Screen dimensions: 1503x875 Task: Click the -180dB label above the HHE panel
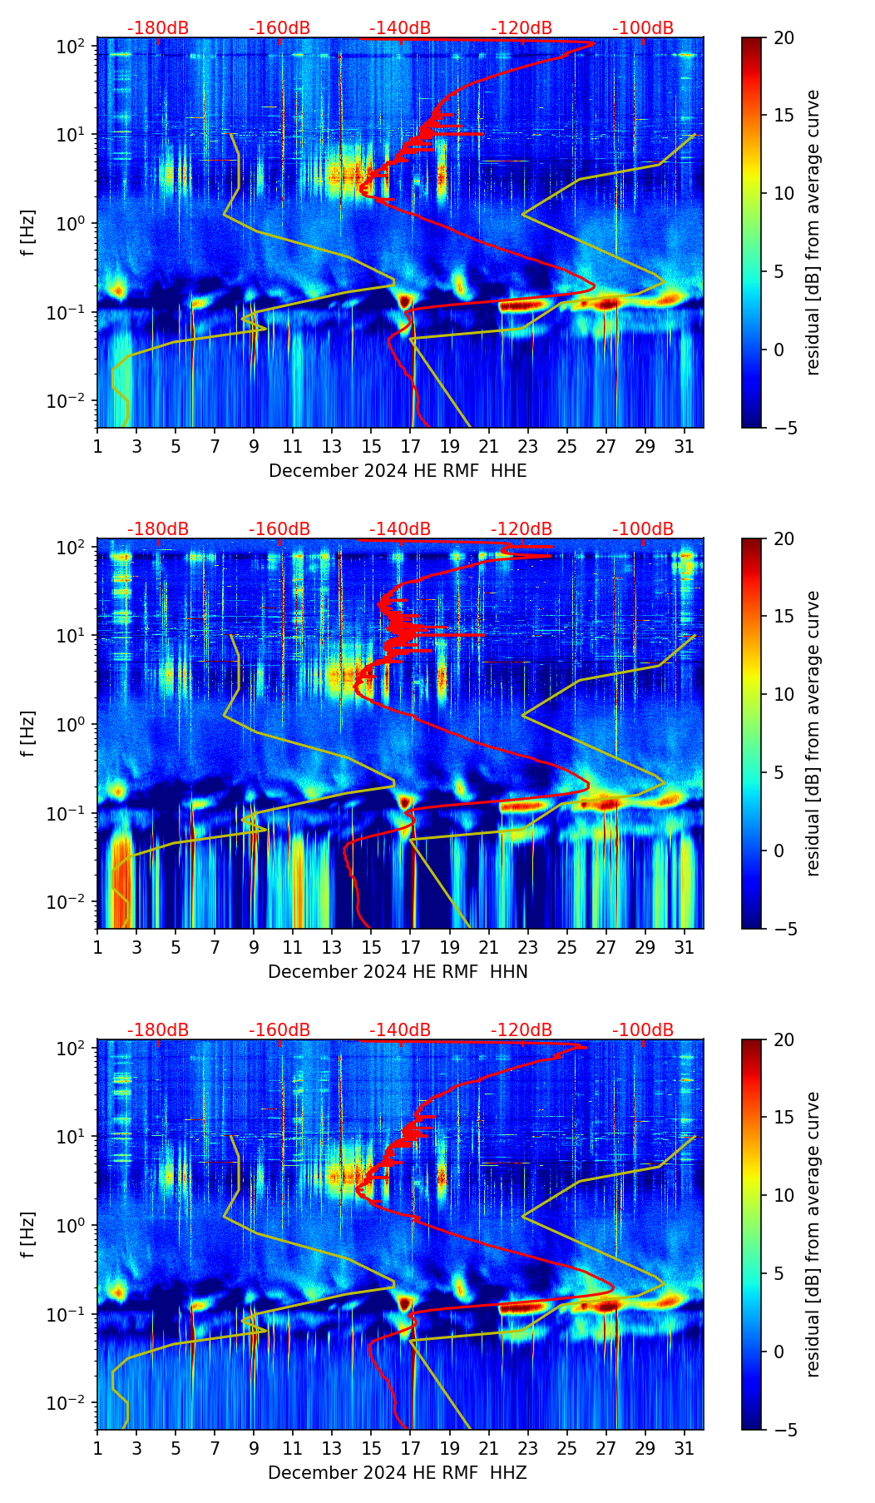[x=158, y=28]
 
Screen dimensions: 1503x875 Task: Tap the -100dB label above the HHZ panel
[x=643, y=1030]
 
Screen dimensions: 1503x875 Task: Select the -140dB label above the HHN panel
[x=400, y=529]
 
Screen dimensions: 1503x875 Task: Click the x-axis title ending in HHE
[x=398, y=471]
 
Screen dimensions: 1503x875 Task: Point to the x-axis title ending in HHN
[x=398, y=972]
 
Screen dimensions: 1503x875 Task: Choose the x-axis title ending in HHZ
[x=398, y=1473]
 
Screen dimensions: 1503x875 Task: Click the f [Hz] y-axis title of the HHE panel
[x=28, y=233]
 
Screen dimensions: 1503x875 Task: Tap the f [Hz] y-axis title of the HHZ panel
[x=28, y=1235]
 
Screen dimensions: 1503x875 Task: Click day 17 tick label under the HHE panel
[x=411, y=446]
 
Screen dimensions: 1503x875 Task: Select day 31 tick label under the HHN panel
[x=685, y=947]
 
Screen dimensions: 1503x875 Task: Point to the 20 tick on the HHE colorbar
[x=784, y=37]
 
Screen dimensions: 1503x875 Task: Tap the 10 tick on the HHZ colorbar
[x=784, y=1195]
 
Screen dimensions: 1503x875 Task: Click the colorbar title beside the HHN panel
[x=813, y=733]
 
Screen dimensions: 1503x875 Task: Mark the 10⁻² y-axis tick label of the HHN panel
[x=67, y=902]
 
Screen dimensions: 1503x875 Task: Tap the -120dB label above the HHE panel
[x=522, y=28]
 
